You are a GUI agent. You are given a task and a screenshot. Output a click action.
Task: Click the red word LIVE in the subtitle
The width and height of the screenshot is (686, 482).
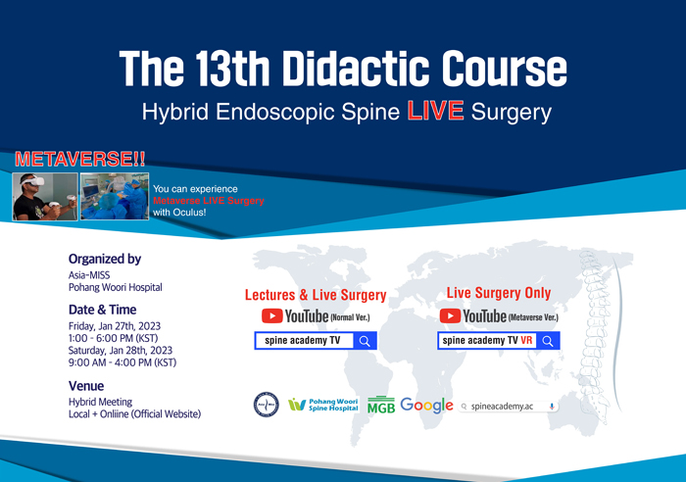(x=435, y=111)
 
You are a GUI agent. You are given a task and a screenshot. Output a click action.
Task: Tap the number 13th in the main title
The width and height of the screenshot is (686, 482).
(x=232, y=69)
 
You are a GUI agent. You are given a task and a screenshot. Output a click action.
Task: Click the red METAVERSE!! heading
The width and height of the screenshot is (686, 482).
(x=80, y=160)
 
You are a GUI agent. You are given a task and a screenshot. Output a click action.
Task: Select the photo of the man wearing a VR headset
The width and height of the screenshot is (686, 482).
(x=45, y=196)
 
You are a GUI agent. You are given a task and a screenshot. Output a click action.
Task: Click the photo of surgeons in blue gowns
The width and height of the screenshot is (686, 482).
(x=115, y=196)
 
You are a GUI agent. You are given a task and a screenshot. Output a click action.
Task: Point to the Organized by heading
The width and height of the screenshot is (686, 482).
(x=105, y=259)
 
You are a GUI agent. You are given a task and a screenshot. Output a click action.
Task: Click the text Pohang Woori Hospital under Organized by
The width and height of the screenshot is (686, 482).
(x=115, y=287)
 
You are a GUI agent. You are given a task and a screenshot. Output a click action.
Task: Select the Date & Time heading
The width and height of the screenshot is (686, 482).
(x=102, y=310)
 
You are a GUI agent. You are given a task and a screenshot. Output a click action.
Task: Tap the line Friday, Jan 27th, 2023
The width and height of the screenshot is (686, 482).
(x=115, y=326)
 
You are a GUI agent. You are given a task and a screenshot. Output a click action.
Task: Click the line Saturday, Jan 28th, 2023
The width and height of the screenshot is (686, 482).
(x=121, y=351)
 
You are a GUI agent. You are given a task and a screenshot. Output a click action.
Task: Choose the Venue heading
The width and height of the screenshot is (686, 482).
(x=86, y=386)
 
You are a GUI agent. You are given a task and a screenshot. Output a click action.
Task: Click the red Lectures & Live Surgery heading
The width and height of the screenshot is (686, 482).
(x=316, y=295)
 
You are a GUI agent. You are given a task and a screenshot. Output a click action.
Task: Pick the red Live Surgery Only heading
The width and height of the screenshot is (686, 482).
(x=498, y=293)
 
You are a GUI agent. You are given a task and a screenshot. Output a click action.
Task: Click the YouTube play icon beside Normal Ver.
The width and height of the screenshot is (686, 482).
(x=272, y=315)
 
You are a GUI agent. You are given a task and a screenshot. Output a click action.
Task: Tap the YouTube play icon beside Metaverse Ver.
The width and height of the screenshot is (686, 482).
(x=450, y=315)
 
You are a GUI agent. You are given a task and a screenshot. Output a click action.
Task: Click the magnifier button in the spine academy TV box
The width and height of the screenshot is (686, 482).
(x=365, y=341)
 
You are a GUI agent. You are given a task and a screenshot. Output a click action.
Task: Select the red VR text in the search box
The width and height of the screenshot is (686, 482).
(x=526, y=340)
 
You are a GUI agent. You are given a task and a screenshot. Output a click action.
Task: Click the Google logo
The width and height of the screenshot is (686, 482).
(x=426, y=406)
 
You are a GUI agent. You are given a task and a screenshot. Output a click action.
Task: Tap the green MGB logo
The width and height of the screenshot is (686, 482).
(x=381, y=405)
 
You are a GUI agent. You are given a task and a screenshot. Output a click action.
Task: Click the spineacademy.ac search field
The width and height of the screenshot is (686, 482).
(x=508, y=407)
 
